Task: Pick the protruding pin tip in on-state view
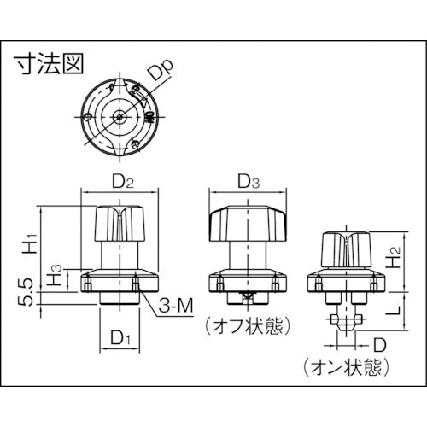tap(342, 325)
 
